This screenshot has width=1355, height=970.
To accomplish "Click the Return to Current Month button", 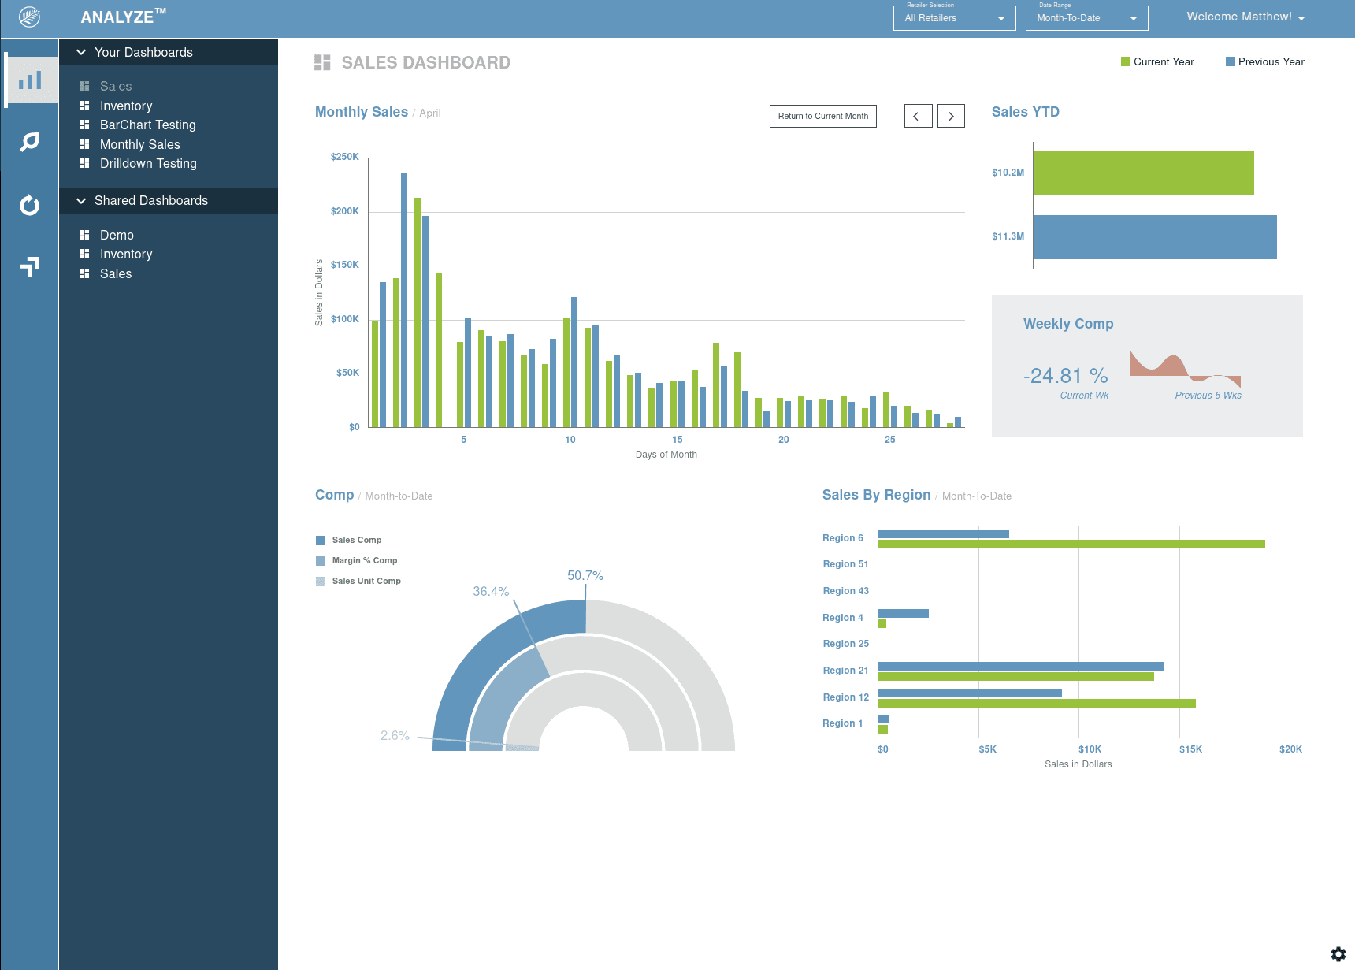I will point(822,116).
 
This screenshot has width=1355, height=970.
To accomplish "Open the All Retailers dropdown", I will point(954,18).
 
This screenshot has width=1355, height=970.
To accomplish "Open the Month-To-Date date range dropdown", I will point(1086,18).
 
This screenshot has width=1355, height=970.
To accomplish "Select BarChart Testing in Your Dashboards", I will point(147,125).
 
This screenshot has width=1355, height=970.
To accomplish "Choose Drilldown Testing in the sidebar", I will point(148,163).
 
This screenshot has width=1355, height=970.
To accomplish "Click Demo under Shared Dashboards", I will point(117,235).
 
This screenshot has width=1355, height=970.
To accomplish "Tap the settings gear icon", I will point(1338,953).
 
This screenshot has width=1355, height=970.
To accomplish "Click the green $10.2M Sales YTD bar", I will point(1142,173).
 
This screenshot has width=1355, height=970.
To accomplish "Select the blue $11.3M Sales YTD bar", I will point(1154,237).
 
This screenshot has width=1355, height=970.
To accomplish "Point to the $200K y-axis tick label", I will point(344,211).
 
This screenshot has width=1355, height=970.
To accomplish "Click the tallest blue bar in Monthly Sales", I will point(404,299).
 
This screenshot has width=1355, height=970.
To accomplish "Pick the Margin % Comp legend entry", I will point(364,560).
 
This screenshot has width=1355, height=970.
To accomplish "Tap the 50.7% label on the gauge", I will point(585,575).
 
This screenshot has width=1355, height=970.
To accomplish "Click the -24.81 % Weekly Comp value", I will point(1065,376).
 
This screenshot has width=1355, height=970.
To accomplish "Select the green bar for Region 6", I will point(1071,544).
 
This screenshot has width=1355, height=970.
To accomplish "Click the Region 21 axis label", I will point(845,671).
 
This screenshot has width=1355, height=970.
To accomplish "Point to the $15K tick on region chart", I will point(1190,749).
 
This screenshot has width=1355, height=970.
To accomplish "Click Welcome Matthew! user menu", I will point(1245,17).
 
